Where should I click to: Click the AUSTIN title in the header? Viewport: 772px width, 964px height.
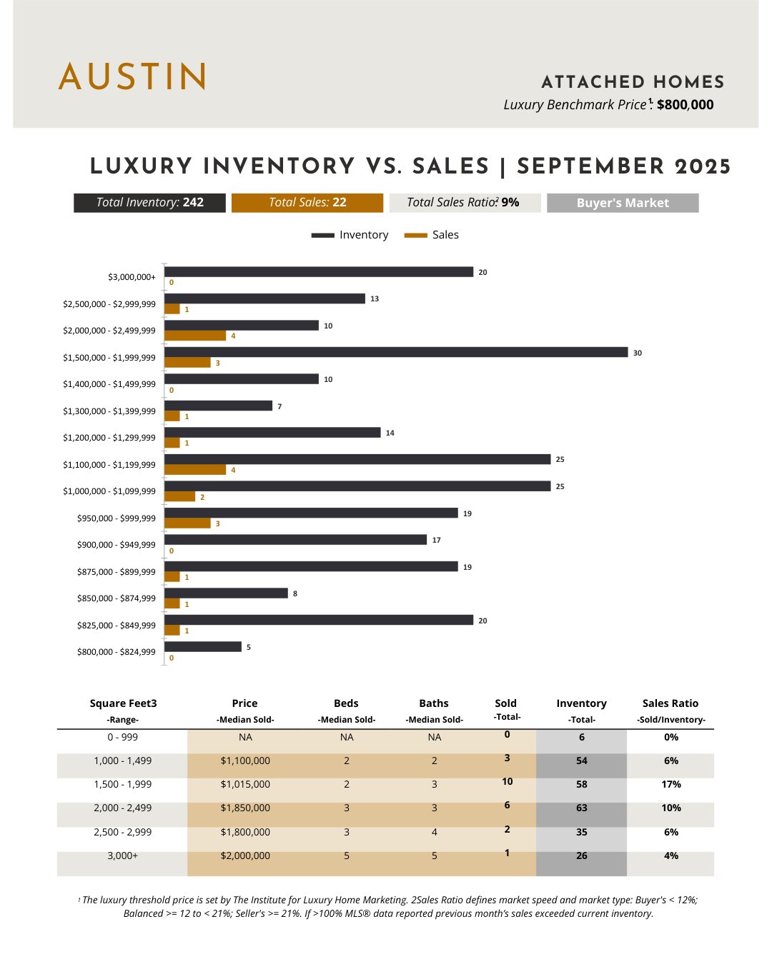pyautogui.click(x=133, y=76)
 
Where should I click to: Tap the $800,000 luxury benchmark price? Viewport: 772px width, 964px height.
pyautogui.click(x=685, y=105)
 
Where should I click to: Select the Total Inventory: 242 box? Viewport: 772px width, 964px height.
pyautogui.click(x=149, y=203)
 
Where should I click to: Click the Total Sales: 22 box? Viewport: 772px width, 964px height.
pyautogui.click(x=307, y=203)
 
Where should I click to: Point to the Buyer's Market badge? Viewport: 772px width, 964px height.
pyautogui.click(x=623, y=203)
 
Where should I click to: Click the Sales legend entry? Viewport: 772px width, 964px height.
pyautogui.click(x=432, y=235)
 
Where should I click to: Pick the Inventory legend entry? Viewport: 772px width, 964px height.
pyautogui.click(x=350, y=235)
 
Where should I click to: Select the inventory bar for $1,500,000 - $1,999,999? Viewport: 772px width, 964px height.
pyautogui.click(x=396, y=352)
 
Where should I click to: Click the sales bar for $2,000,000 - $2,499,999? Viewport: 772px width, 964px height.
pyautogui.click(x=195, y=336)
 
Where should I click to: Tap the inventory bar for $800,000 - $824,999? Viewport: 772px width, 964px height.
pyautogui.click(x=203, y=647)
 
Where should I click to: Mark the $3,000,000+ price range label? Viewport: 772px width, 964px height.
pyautogui.click(x=132, y=277)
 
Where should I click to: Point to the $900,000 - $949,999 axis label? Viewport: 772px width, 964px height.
pyautogui.click(x=117, y=545)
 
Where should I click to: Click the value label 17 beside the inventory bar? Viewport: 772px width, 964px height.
pyautogui.click(x=436, y=541)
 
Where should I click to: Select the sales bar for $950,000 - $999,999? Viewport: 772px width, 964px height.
pyautogui.click(x=187, y=523)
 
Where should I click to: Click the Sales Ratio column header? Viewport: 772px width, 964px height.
pyautogui.click(x=670, y=704)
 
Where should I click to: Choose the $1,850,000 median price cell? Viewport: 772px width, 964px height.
pyautogui.click(x=245, y=808)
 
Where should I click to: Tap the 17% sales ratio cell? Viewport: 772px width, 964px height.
pyautogui.click(x=670, y=785)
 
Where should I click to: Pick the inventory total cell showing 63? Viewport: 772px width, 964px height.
pyautogui.click(x=581, y=808)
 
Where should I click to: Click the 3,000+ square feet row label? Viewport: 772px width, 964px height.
pyautogui.click(x=122, y=855)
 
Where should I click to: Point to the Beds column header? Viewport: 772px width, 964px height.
pyautogui.click(x=346, y=704)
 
